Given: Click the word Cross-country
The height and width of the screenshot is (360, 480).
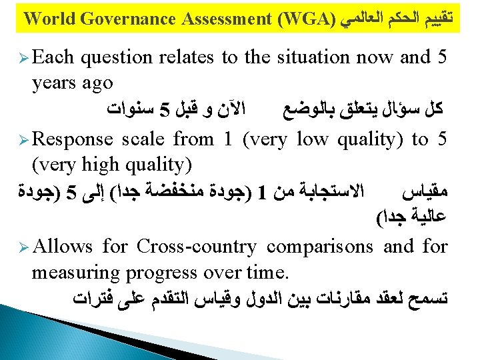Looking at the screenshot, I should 197,247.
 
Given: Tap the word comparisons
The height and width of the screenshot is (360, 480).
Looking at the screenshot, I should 320,248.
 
